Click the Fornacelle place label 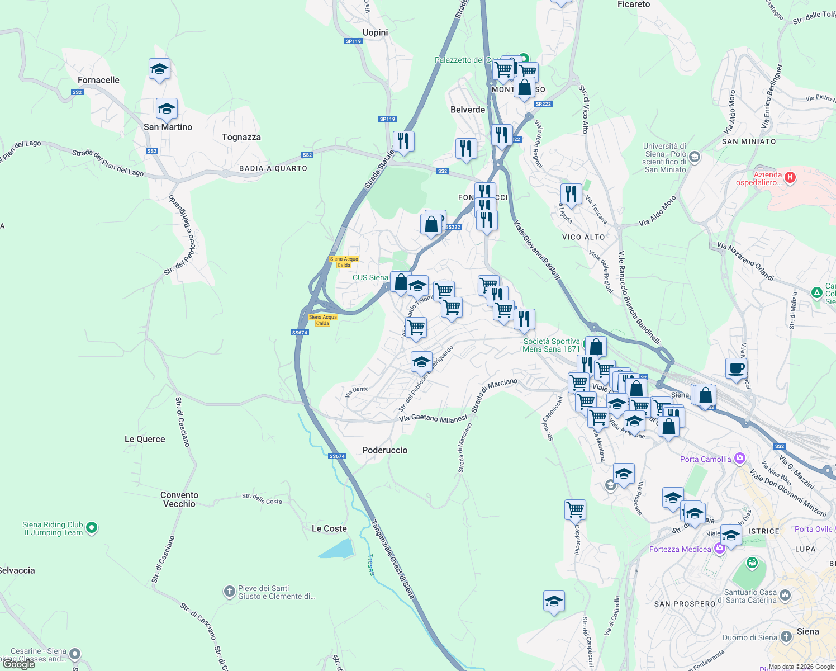[98, 80]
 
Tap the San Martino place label [168, 127]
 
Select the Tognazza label [241, 137]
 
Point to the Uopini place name [375, 32]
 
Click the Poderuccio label [384, 450]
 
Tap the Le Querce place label [145, 439]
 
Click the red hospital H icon [790, 178]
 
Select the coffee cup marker [736, 368]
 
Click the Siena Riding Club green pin [92, 527]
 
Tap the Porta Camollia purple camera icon [740, 459]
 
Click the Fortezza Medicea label [680, 549]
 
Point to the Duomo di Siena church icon [786, 637]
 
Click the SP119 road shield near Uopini [353, 41]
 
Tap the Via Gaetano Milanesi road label [433, 418]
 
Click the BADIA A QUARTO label [273, 168]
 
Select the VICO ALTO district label [583, 237]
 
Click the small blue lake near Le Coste [336, 549]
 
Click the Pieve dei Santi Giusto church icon [229, 591]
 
